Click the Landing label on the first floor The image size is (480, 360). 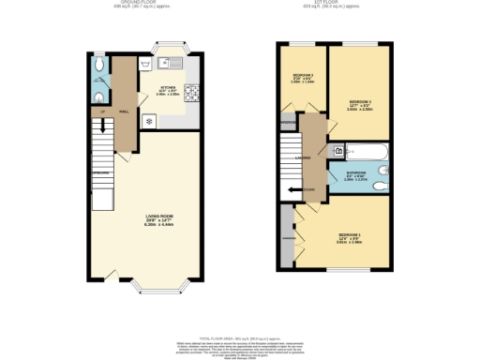coord(303,157)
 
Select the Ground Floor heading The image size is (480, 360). coord(119,3)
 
